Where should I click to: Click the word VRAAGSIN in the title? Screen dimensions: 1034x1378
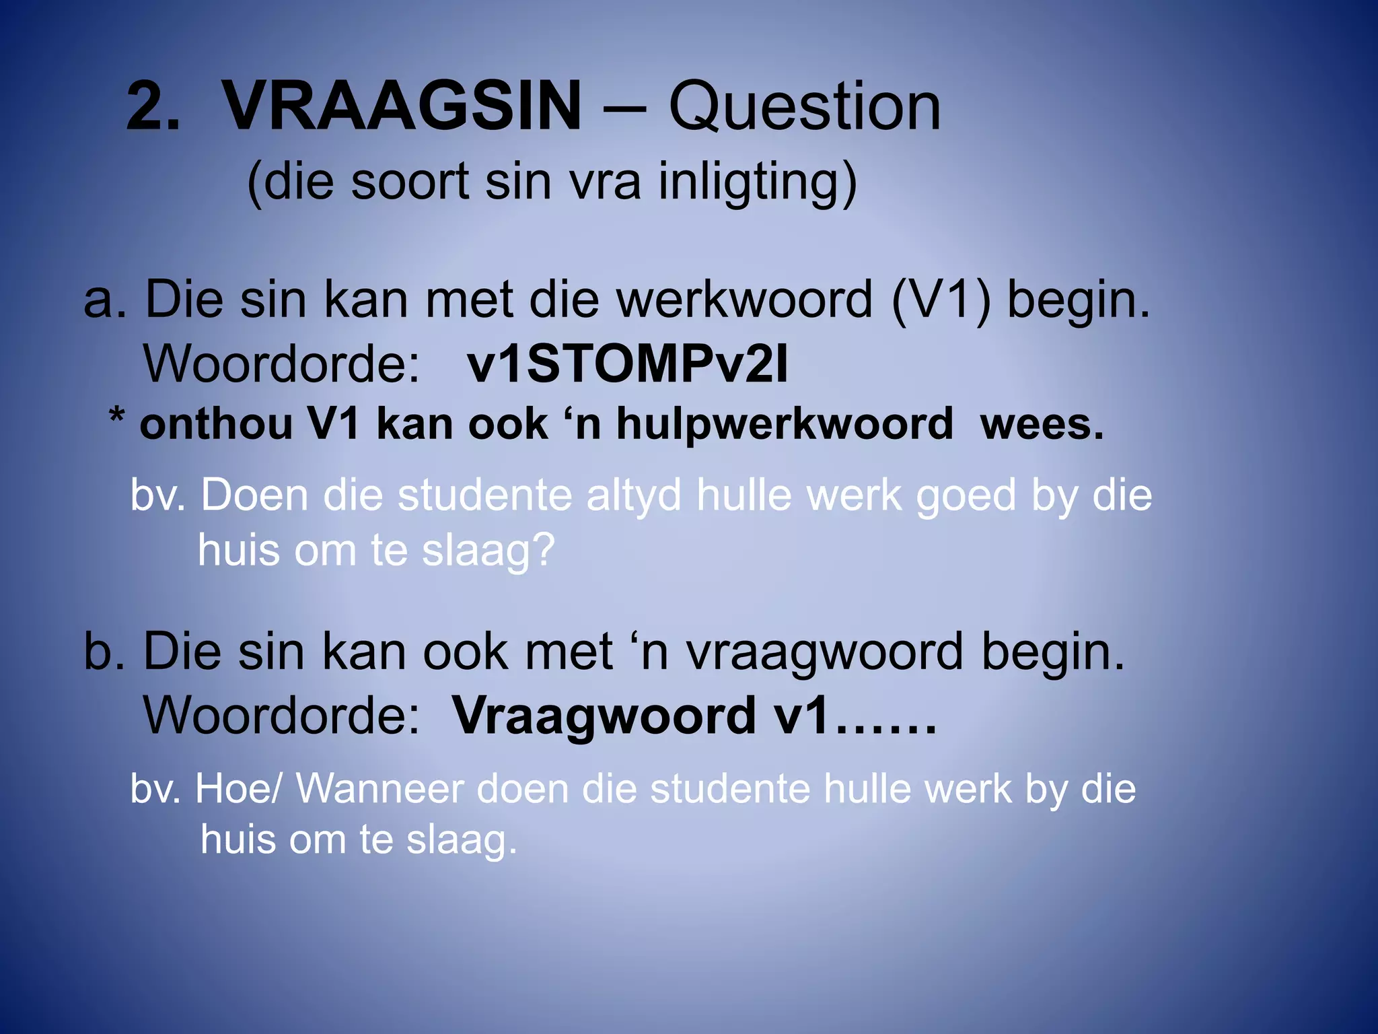[x=402, y=106]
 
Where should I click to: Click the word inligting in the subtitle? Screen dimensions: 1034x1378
[x=757, y=182]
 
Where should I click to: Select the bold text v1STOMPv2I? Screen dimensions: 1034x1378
[x=627, y=364]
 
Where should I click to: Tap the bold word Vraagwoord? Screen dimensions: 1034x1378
[x=604, y=716]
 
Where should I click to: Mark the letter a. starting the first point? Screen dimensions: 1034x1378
[x=104, y=300]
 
